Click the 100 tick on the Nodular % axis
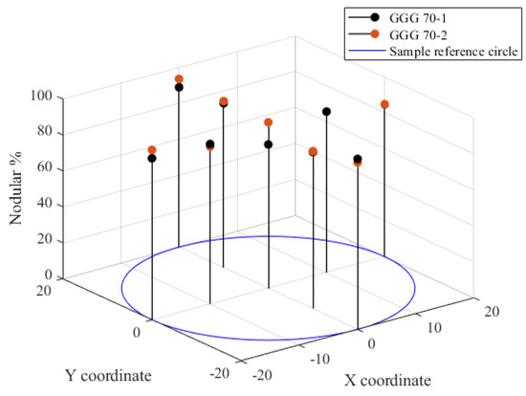[x=40, y=97]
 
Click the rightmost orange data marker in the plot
[x=384, y=104]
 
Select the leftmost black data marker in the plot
[x=152, y=159]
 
